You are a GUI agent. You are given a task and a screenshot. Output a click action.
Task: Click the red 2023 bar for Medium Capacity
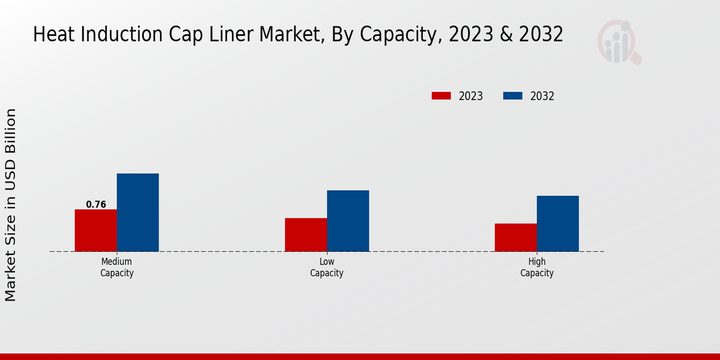coord(96,230)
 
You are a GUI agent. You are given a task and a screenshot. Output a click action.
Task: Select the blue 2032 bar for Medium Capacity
coord(138,212)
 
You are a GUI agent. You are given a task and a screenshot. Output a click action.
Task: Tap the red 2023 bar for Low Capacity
coord(306,235)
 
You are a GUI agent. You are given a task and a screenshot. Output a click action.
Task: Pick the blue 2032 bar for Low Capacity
coord(348,221)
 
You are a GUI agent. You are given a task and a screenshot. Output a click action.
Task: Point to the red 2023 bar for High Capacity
coord(516,238)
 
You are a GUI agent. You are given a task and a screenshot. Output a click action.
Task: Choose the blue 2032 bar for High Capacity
coord(558,223)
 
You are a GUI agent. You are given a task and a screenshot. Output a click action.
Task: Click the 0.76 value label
coord(96,205)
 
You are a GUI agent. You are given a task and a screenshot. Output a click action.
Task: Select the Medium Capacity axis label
coord(117,268)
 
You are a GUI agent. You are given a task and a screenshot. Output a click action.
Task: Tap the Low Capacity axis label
coord(327,268)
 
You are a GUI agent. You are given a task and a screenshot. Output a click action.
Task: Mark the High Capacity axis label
coord(537,268)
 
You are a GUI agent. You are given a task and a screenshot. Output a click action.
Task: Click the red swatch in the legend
coord(441,96)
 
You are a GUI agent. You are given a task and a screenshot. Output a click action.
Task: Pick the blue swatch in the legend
coord(512,96)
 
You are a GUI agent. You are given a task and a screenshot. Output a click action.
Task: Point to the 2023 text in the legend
coord(471,96)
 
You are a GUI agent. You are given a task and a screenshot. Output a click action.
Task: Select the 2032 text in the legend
coord(542,96)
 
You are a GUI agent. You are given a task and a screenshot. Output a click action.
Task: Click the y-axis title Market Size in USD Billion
coord(11,205)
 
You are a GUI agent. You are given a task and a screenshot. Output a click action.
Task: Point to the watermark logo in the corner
coord(619,42)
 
